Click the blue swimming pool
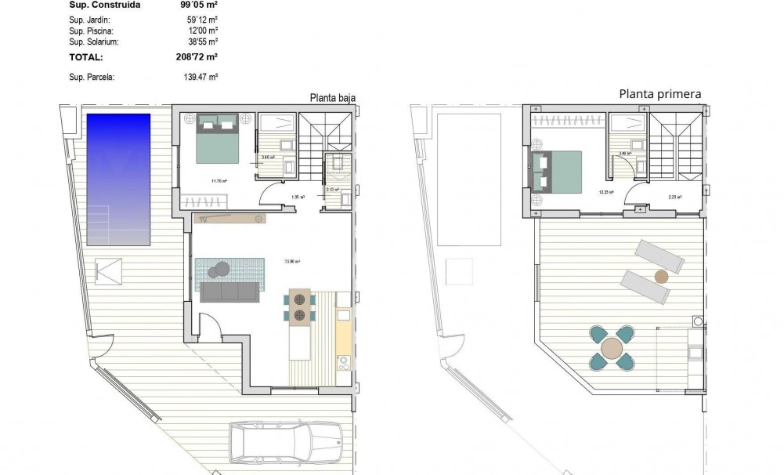[118, 179]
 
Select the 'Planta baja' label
[333, 98]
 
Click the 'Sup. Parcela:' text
[92, 77]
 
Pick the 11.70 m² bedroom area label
[219, 181]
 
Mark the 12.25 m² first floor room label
[606, 191]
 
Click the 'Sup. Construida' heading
[105, 4]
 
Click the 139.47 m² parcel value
[200, 77]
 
